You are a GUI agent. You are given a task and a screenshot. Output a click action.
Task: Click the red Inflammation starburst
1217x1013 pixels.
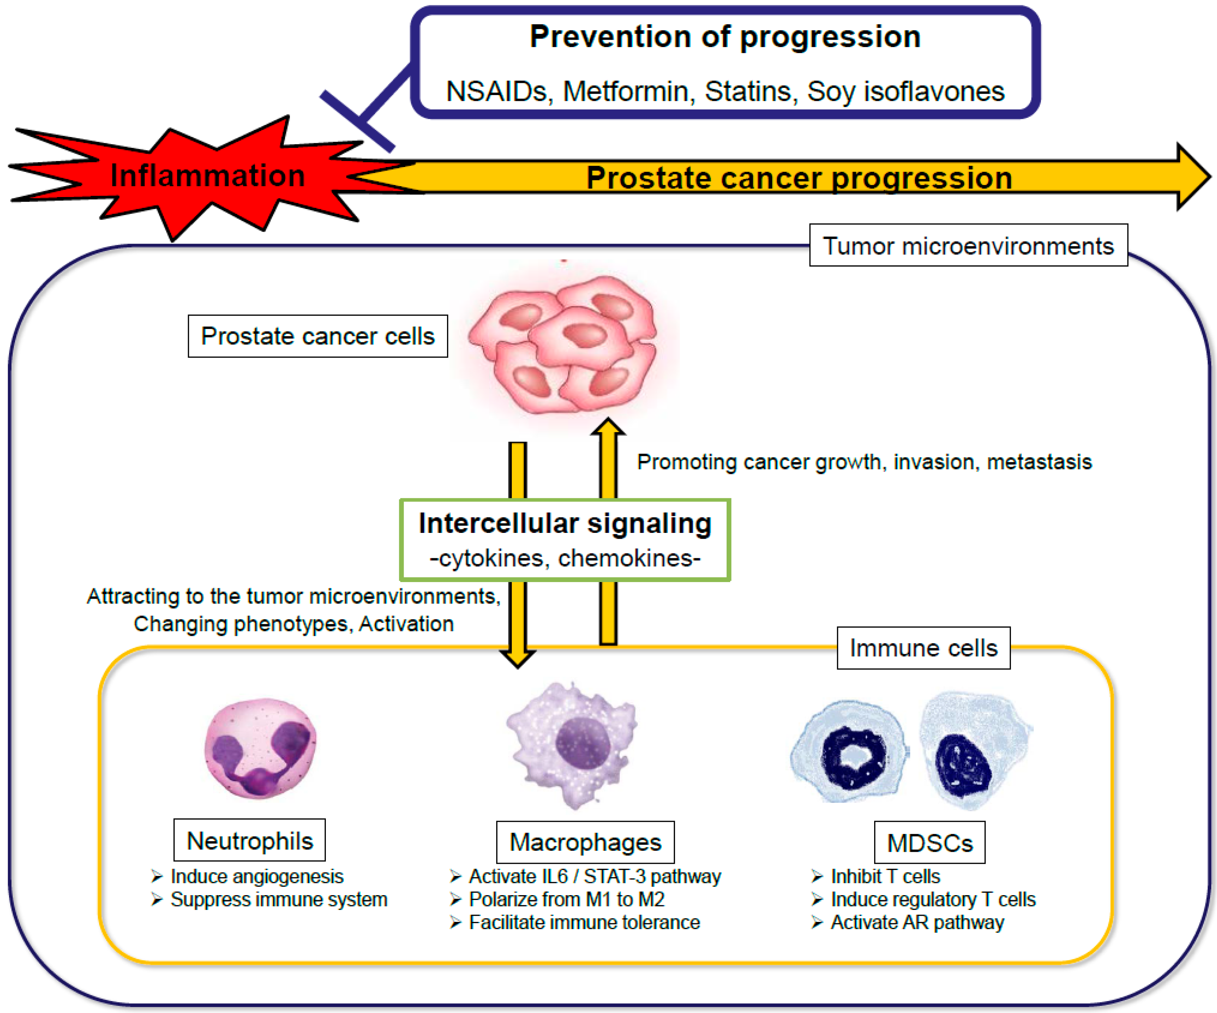coord(191,177)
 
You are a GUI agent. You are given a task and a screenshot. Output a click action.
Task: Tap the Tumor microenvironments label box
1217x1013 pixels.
coord(968,245)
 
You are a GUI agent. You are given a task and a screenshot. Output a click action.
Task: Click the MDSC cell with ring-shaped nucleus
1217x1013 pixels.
coord(849,753)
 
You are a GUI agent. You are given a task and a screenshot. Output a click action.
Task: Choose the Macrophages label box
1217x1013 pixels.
coord(585,842)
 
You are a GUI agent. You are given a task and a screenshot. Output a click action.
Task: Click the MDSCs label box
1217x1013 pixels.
coord(929,843)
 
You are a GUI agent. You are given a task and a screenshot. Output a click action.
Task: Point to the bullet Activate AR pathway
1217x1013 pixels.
coord(917,922)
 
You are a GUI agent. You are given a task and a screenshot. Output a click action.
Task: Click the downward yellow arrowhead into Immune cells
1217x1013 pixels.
coord(518,657)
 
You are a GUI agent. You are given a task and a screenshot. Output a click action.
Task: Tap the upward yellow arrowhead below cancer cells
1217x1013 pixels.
coord(608,427)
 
